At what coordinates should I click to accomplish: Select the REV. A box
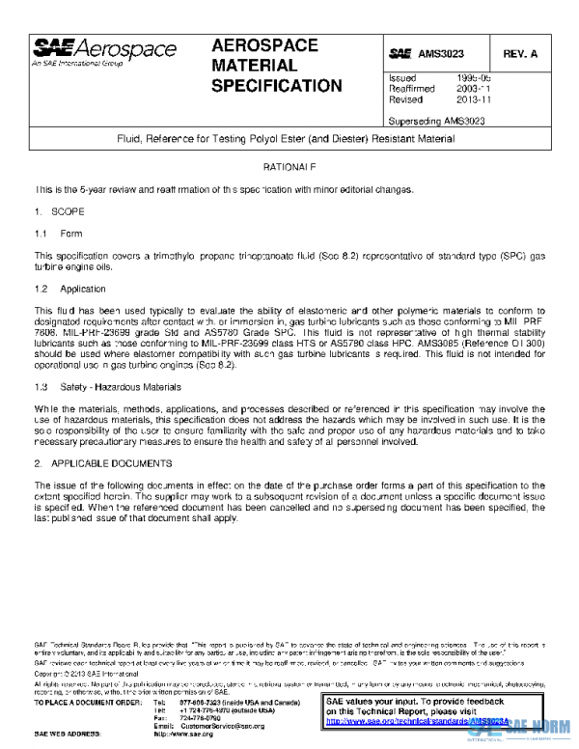point(521,53)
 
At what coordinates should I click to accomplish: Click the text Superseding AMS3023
point(435,121)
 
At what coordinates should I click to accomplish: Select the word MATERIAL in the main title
point(254,66)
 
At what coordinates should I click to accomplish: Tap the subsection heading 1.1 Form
point(59,234)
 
